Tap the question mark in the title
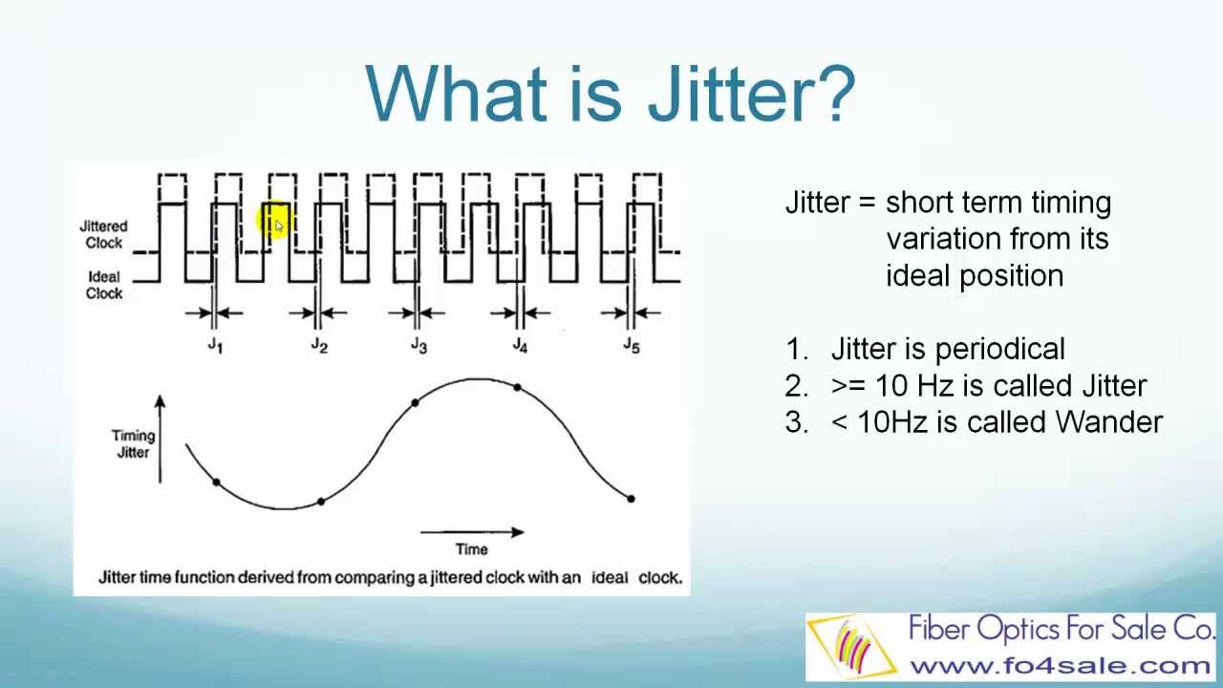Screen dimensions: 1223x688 [835, 93]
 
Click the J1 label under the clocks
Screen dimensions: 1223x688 [215, 345]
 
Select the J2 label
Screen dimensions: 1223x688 [319, 345]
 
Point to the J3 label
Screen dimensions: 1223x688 [418, 345]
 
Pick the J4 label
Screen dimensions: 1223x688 [520, 345]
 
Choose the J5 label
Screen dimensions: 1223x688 [632, 345]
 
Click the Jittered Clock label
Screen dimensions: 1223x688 [104, 234]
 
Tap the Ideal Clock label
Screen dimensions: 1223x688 [104, 285]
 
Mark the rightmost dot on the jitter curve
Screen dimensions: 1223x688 [632, 499]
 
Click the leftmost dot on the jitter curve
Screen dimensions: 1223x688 [217, 483]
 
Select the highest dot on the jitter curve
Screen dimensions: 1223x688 [518, 388]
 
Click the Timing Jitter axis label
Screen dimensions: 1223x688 [133, 444]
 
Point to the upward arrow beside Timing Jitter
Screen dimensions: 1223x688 [160, 439]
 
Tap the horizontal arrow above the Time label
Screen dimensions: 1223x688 [472, 532]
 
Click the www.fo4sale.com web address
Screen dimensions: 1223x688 [1060, 666]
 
